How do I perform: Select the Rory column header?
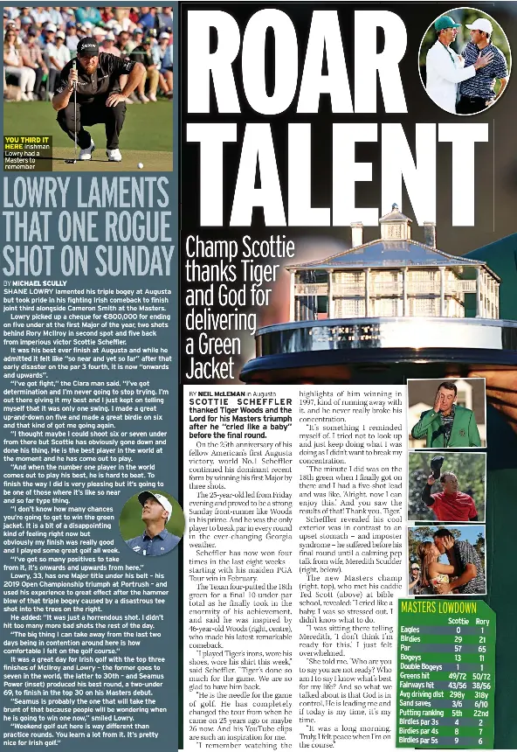pyautogui.click(x=481, y=621)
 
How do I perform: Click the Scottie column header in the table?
pyautogui.click(x=457, y=621)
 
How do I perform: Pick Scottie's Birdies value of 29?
pyautogui.click(x=458, y=639)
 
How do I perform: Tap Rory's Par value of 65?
pyautogui.click(x=481, y=649)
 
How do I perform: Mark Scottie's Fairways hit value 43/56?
pyautogui.click(x=457, y=686)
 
